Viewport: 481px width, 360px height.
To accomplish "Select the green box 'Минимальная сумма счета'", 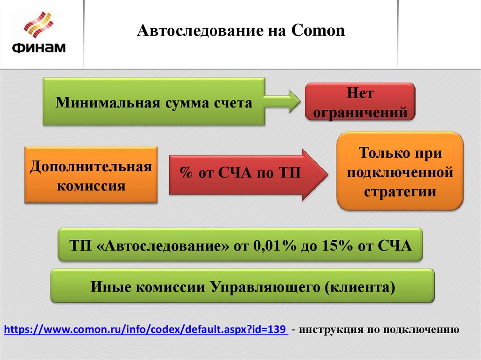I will pos(154,102).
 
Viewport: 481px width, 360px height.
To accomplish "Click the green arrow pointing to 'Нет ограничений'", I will pos(281,101).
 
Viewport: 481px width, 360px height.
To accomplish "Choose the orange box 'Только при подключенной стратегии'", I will pos(401,172).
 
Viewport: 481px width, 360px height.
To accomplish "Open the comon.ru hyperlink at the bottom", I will pos(146,329).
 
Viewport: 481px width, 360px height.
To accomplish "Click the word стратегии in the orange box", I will pos(400,192).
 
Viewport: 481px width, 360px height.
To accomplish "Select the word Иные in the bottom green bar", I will pos(107,287).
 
